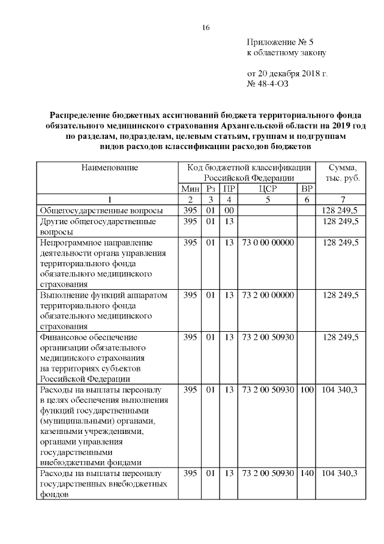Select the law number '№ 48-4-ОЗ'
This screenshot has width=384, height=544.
tap(268, 84)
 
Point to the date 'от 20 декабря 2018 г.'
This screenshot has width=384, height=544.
tap(287, 74)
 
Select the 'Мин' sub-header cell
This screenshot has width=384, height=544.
tap(190, 189)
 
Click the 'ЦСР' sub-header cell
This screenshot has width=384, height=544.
tap(267, 189)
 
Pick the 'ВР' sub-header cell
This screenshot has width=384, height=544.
tap(306, 189)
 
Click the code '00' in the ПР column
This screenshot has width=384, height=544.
tap(228, 210)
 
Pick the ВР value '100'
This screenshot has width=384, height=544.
tap(307, 391)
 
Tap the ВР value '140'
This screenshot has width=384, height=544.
tap(307, 474)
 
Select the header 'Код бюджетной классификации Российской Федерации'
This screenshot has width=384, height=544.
tap(248, 173)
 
